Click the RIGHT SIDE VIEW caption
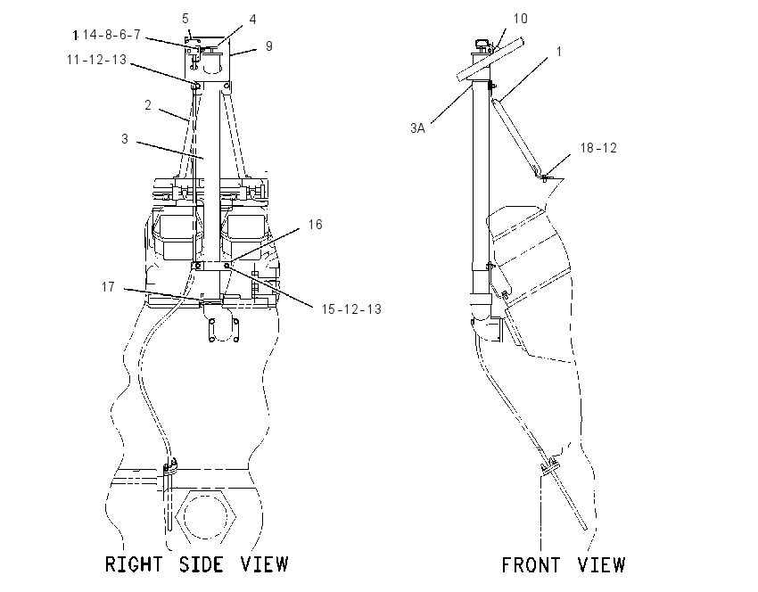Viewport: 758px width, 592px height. click(x=196, y=564)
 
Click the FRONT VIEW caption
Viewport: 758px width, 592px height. click(x=564, y=565)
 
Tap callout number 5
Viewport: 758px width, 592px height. click(x=185, y=19)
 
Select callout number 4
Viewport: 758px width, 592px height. click(x=252, y=20)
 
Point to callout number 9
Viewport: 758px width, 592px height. click(x=268, y=45)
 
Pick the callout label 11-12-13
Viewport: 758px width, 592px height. click(x=96, y=60)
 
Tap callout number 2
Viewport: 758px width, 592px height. click(x=148, y=105)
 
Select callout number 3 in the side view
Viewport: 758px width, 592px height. click(x=125, y=139)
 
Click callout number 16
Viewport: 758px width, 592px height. click(x=315, y=225)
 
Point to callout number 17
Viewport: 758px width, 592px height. click(x=108, y=286)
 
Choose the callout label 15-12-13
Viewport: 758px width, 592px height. click(x=351, y=308)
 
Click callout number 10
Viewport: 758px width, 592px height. click(x=520, y=19)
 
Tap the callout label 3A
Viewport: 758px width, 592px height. click(x=417, y=128)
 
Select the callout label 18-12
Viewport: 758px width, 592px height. click(x=598, y=148)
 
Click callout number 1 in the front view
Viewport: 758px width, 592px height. click(x=559, y=51)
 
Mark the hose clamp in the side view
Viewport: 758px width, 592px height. click(x=169, y=468)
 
